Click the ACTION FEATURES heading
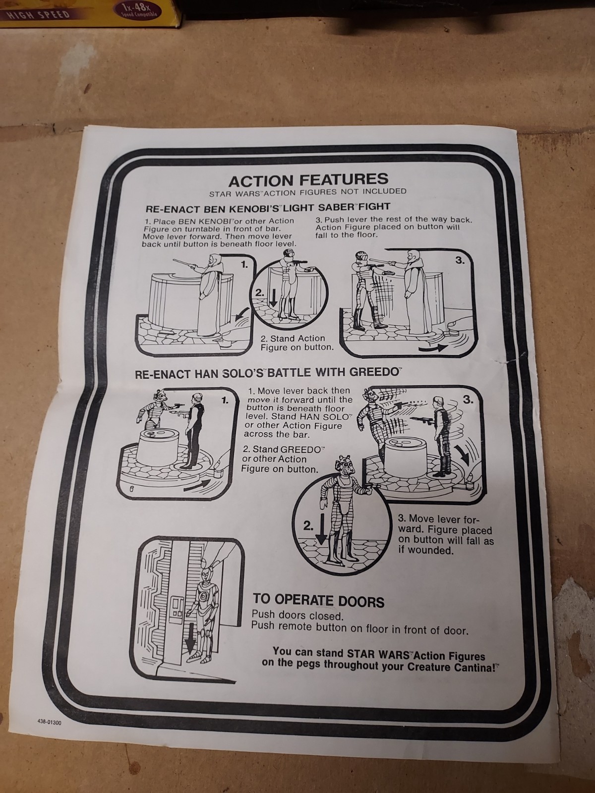(308, 179)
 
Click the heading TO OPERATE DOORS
(318, 600)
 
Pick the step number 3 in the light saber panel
(460, 261)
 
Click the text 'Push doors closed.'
(297, 615)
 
